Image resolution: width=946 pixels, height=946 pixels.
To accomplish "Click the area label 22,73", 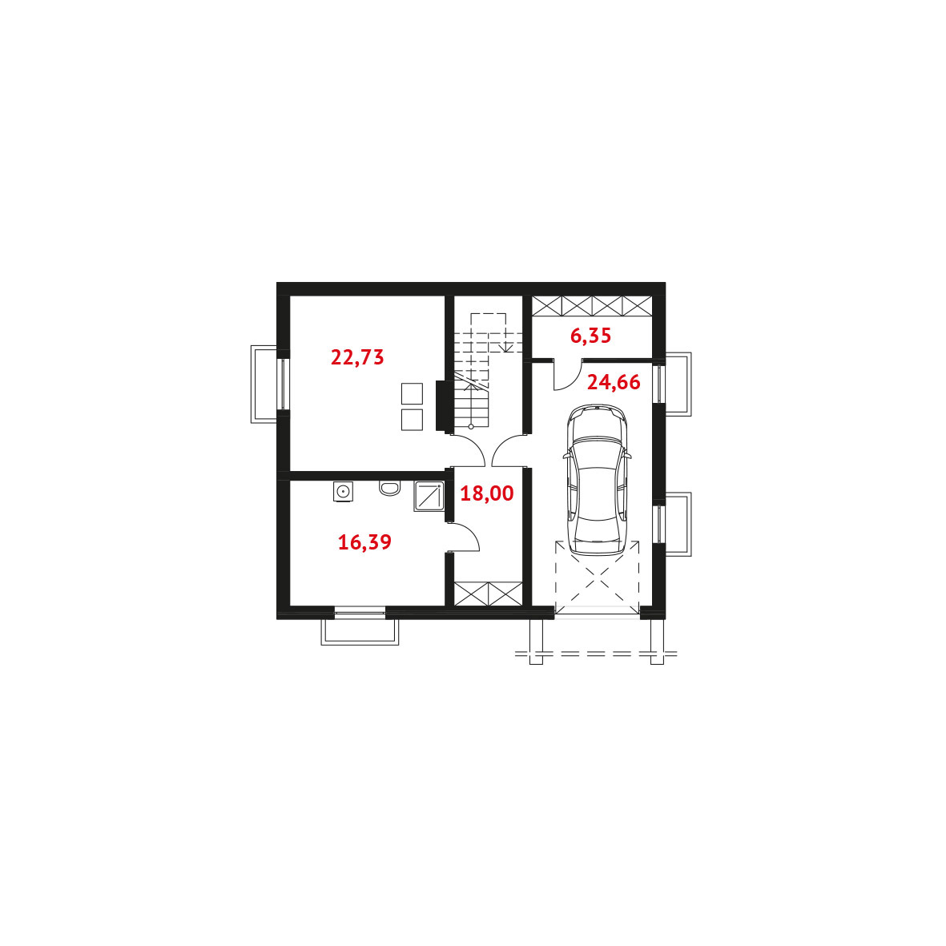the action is (357, 357).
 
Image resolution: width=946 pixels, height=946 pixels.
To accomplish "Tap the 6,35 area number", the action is (590, 336).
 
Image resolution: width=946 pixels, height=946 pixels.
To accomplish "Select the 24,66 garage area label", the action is (614, 383).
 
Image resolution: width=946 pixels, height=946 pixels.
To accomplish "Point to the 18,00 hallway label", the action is (487, 493).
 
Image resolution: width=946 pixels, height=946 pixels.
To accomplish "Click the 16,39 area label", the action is (364, 542).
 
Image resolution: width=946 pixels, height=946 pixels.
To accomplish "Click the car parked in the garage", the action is (598, 480).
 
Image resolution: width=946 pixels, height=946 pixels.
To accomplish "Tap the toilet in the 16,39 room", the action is (390, 488).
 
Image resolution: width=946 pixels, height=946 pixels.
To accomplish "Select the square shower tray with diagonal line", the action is (429, 496).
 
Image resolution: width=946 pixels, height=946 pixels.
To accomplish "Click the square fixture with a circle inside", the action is (343, 491).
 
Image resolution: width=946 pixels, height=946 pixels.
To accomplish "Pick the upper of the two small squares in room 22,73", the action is (412, 393).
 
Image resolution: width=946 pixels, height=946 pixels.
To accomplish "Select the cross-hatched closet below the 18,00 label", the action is (488, 594).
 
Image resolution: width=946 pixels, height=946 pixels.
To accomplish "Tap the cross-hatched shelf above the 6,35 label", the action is (592, 306).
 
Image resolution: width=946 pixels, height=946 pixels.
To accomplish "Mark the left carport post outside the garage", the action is (537, 642).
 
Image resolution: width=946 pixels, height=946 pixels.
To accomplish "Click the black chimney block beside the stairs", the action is (441, 405).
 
